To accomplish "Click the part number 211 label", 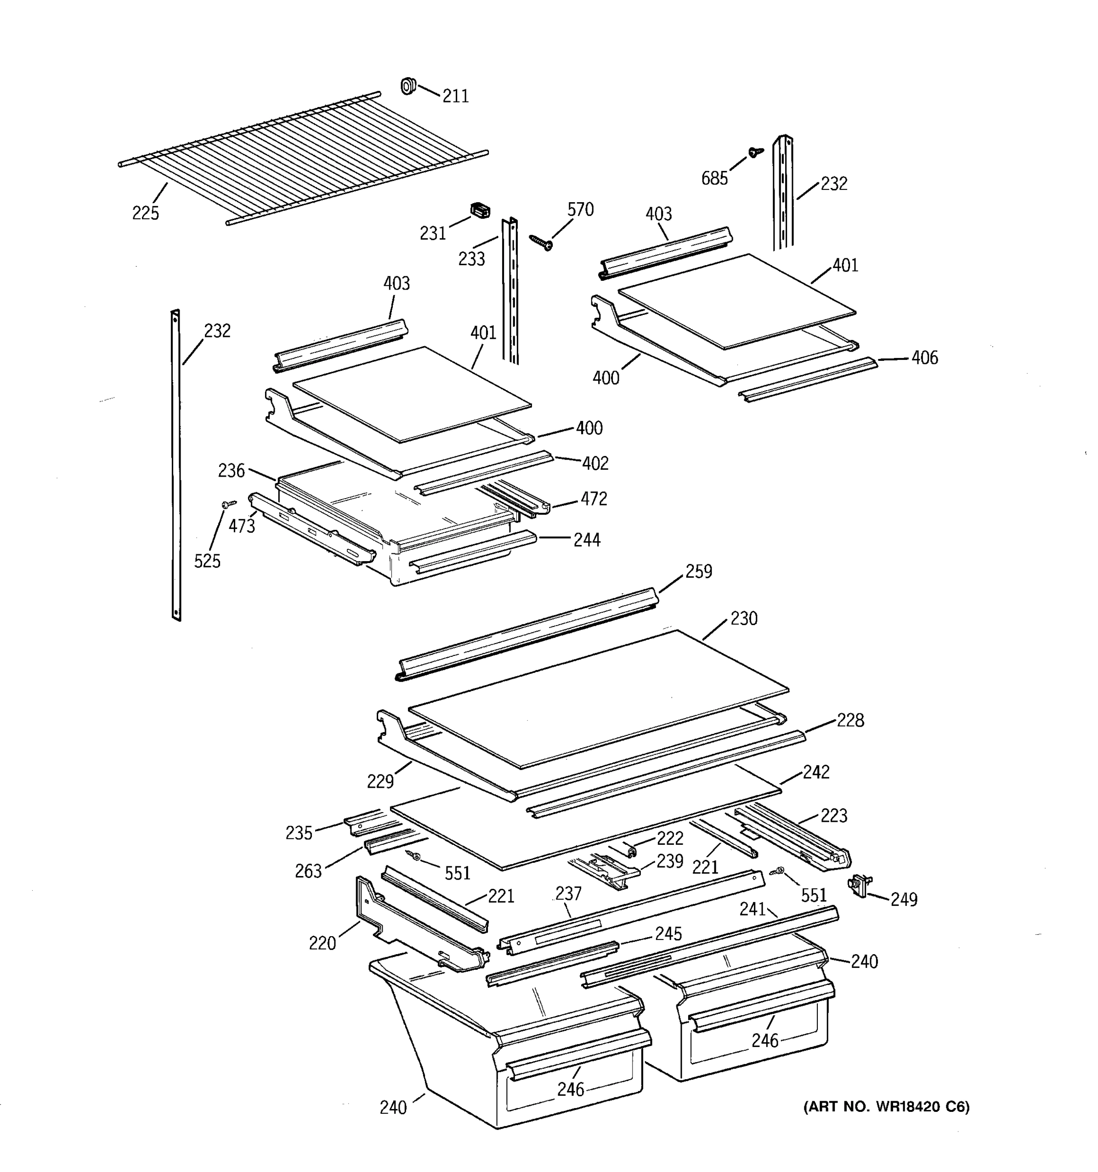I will pos(455,96).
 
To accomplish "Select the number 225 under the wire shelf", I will pos(145,213).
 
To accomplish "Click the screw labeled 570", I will pos(541,242).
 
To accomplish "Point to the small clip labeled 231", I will pos(481,210).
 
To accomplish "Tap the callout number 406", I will pos(924,358).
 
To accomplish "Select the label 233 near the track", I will pos(471,259).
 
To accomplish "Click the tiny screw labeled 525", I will pos(228,504).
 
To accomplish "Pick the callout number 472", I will pos(594,499).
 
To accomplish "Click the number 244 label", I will pos(587,540).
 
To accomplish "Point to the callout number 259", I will pos(699,571).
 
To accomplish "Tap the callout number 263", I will pos(308,871).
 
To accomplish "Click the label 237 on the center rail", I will pos(568,894).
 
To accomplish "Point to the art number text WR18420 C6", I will pos(886,1107).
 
